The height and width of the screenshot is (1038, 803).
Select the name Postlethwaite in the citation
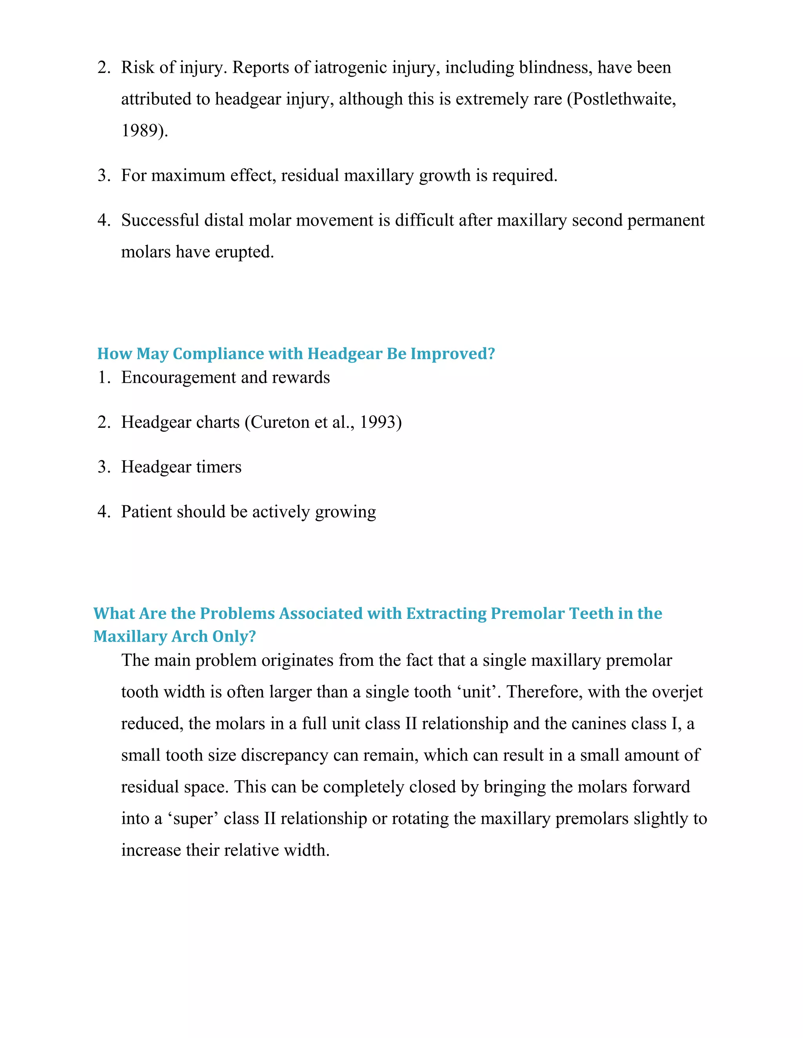click(x=622, y=99)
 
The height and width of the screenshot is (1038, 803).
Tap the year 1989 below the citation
click(x=140, y=130)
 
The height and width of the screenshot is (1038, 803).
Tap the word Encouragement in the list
click(x=178, y=377)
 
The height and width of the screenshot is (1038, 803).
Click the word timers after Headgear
click(x=219, y=467)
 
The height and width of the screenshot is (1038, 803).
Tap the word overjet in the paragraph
click(x=675, y=691)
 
